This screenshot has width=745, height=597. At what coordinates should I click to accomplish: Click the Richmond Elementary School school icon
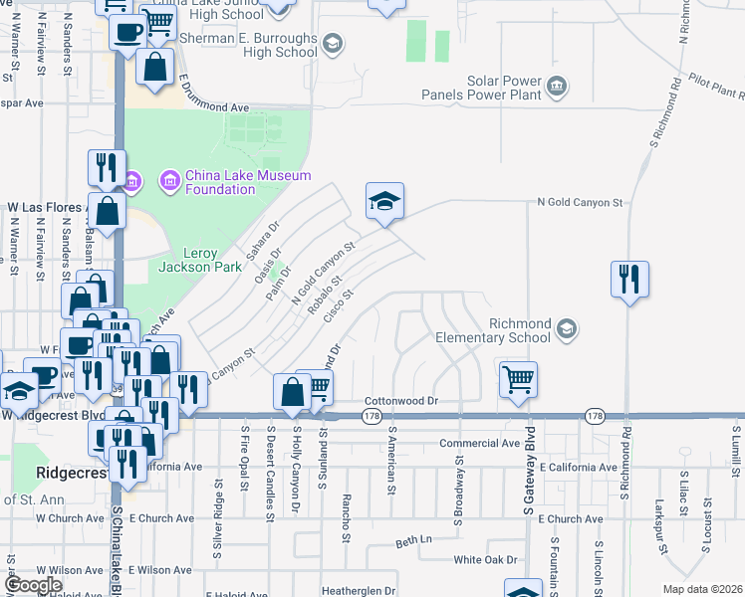[566, 328]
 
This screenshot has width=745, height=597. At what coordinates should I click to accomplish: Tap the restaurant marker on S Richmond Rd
[629, 279]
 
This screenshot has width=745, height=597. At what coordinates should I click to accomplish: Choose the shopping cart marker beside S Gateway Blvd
[518, 380]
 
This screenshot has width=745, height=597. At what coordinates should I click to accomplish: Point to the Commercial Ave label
[481, 444]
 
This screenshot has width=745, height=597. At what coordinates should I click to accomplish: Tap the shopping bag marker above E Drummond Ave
[155, 69]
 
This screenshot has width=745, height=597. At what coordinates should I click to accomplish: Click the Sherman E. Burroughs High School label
[253, 45]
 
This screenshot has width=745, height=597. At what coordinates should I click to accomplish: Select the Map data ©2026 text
[702, 589]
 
